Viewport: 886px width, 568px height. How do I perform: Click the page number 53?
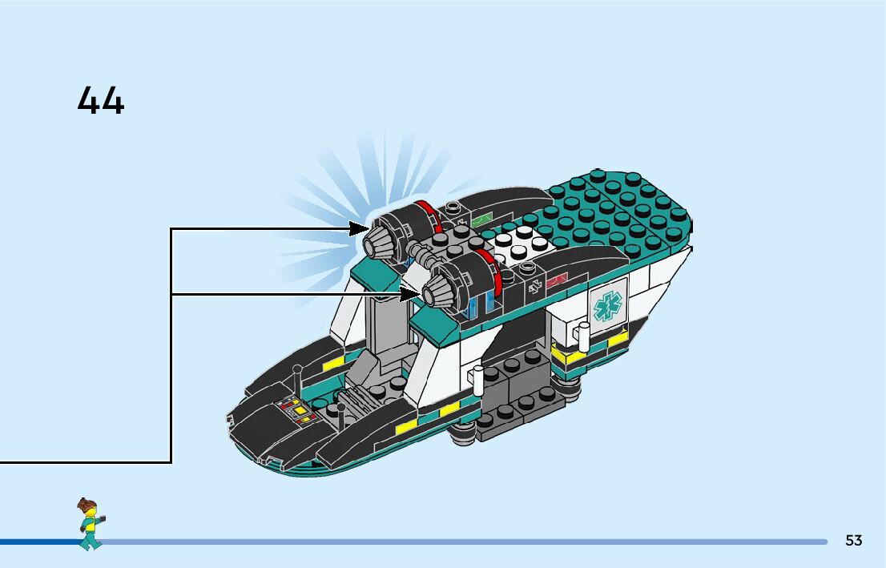(x=853, y=541)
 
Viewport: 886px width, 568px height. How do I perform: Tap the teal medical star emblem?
(x=606, y=304)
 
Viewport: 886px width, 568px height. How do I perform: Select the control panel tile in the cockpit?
(x=294, y=411)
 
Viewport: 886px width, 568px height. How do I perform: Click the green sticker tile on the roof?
(x=481, y=217)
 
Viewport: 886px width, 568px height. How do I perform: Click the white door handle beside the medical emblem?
(x=584, y=334)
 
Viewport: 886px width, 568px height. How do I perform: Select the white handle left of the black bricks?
(x=479, y=380)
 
